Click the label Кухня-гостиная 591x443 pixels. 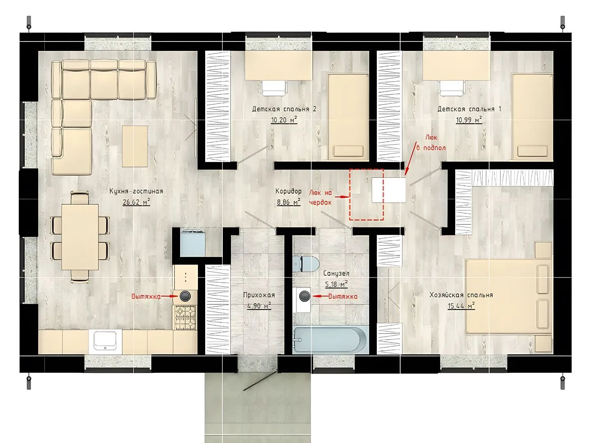click(136, 191)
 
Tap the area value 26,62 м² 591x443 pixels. click(136, 202)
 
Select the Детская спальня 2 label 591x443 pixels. click(284, 109)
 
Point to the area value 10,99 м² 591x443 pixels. click(469, 120)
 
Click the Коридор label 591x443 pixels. click(289, 191)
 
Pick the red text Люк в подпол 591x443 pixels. click(431, 143)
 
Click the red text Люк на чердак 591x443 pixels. click(321, 197)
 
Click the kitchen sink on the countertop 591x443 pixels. click(105, 340)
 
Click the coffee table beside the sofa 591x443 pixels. click(135, 146)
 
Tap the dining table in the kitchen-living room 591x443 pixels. click(80, 237)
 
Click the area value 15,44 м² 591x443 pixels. click(461, 306)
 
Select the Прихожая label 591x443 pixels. click(259, 295)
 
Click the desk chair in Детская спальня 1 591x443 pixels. click(452, 88)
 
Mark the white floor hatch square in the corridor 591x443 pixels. click(389, 190)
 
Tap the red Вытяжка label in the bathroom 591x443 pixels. click(343, 297)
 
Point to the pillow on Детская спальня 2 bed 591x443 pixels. click(348, 151)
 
